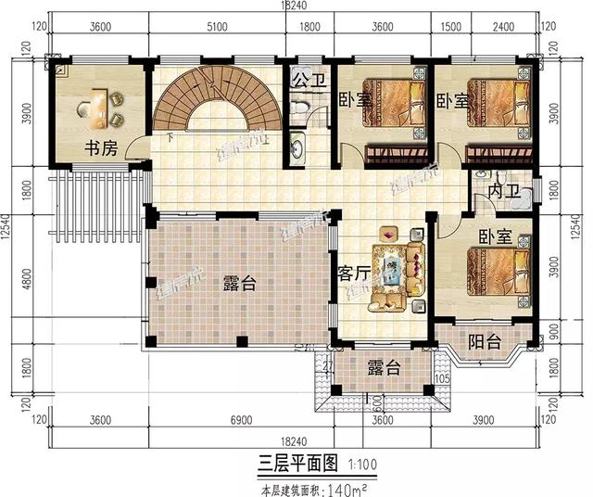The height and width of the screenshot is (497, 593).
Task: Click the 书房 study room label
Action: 100,147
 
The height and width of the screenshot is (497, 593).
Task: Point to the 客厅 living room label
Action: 353,274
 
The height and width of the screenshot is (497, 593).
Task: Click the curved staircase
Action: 217,104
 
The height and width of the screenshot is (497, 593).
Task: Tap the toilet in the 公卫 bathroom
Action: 299,109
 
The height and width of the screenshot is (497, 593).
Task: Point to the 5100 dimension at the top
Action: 218,28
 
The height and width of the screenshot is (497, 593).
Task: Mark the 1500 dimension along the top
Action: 448,28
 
